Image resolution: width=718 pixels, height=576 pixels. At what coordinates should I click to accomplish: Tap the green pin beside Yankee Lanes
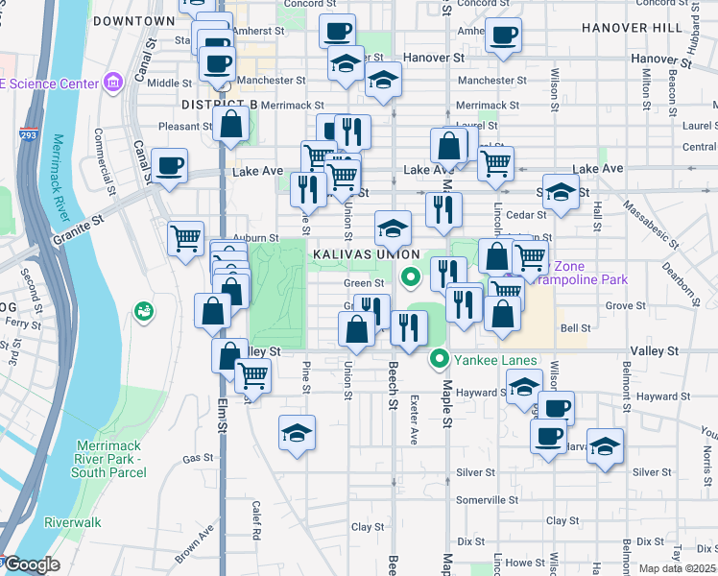coord(441,360)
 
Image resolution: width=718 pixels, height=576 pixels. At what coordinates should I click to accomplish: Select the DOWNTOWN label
coord(135,20)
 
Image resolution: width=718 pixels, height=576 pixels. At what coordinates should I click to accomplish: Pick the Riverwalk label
coord(72,523)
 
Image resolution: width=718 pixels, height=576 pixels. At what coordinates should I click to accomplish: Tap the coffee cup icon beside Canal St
coord(169,166)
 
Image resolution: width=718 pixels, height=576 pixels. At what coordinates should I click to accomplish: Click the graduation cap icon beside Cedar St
coord(561,190)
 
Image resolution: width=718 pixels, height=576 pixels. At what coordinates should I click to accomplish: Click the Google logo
coord(32,564)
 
